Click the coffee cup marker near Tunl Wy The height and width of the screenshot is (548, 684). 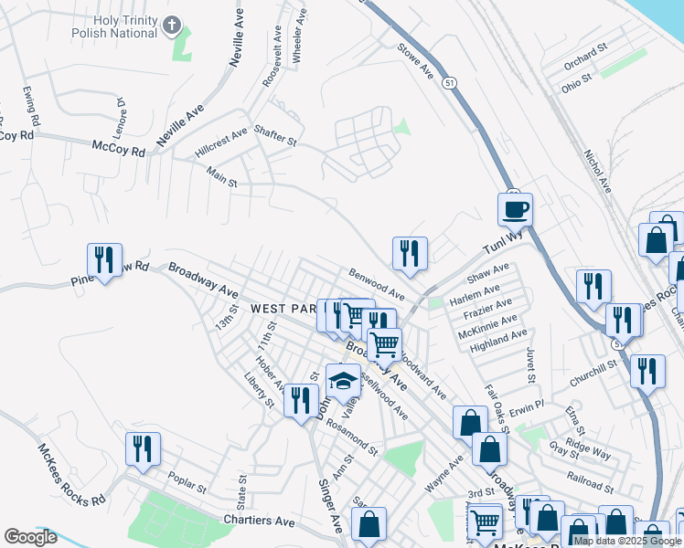pos(515,209)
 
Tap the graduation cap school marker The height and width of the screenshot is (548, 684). pos(343,380)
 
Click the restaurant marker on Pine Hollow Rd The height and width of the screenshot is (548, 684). pos(103,259)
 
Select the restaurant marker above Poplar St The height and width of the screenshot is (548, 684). pos(143,448)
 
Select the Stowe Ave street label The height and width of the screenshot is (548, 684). pos(414,58)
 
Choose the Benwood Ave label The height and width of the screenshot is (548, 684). pos(376,283)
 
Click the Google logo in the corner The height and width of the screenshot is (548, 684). pos(30,536)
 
